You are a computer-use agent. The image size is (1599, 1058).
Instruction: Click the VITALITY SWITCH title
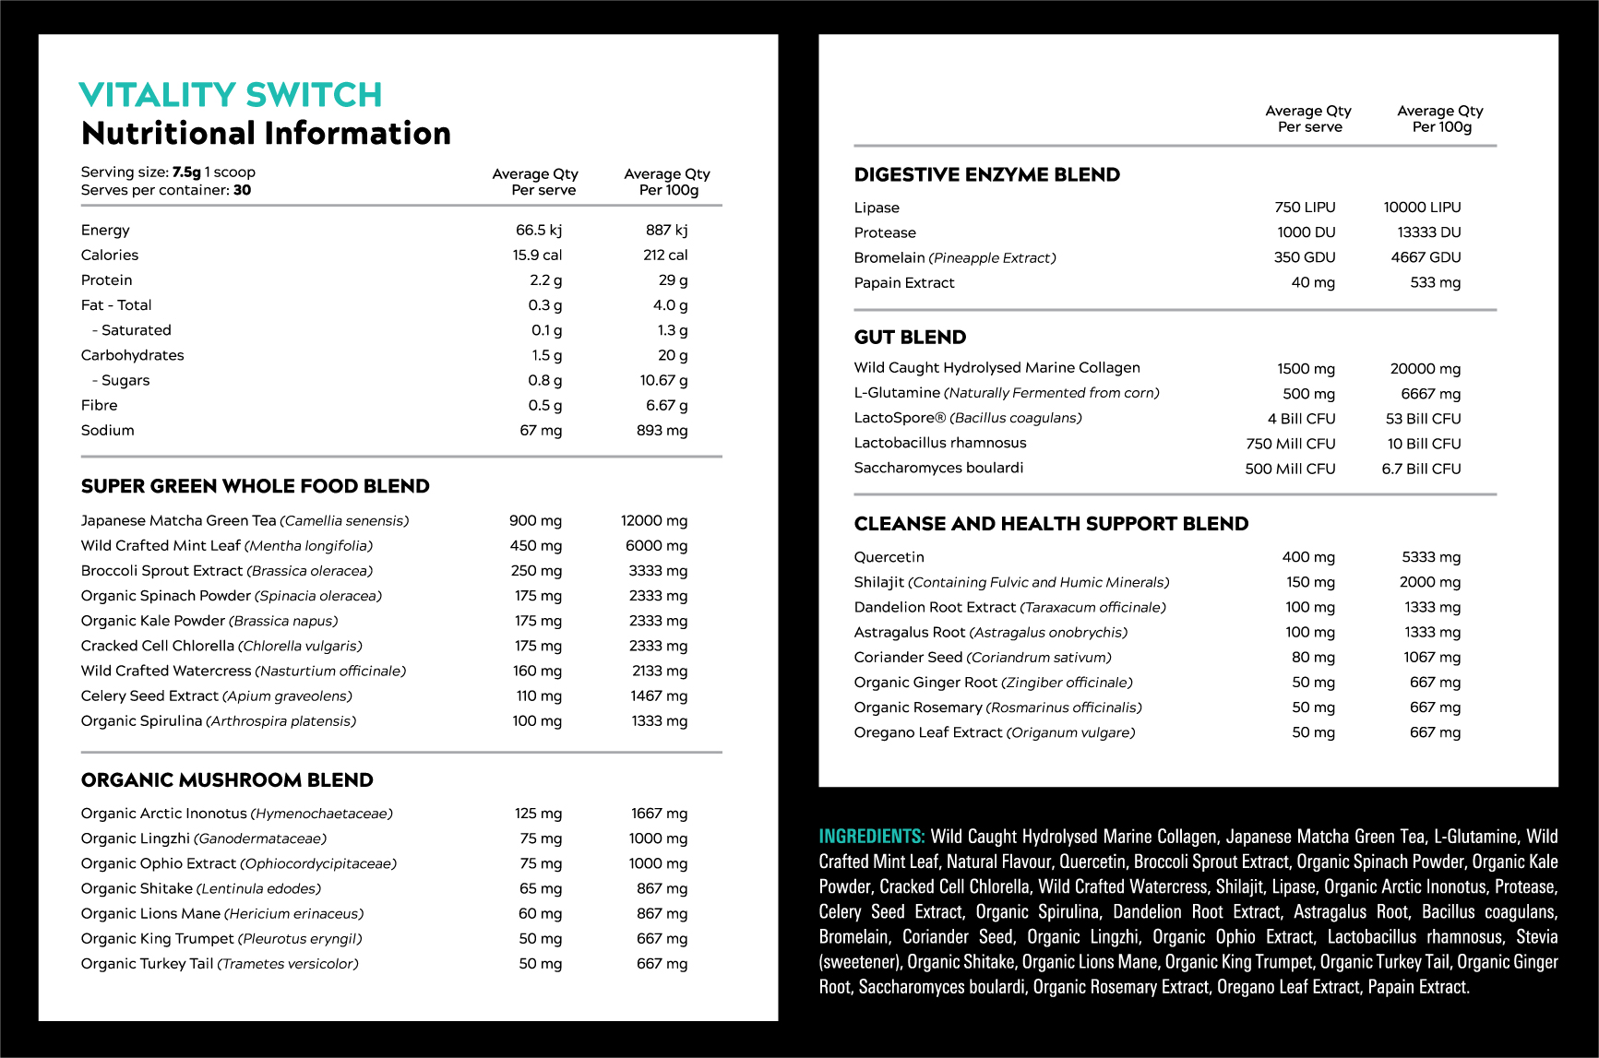[231, 95]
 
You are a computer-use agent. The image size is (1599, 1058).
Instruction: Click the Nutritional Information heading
[266, 134]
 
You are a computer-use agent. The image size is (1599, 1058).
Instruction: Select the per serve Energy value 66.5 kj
[538, 230]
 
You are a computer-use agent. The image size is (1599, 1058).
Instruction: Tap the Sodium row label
[107, 430]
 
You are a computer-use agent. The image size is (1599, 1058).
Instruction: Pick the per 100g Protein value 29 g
[673, 279]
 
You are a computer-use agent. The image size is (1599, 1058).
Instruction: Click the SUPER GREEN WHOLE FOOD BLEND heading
[255, 486]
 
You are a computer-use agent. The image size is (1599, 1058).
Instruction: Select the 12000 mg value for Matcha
[653, 520]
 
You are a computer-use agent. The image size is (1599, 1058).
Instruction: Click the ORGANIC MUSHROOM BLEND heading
[227, 780]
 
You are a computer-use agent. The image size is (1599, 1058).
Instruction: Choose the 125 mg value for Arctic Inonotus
[538, 814]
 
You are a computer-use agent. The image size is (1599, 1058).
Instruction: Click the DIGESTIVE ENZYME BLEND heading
[986, 175]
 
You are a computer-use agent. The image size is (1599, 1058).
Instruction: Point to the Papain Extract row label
[904, 282]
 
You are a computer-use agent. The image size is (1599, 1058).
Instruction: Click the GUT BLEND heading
[910, 338]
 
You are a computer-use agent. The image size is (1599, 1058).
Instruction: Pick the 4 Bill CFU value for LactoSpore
[1301, 419]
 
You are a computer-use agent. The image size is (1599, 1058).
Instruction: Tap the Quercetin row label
[889, 557]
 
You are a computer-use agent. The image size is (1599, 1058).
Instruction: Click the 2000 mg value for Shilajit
[1429, 582]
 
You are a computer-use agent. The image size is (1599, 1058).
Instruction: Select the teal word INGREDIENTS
[871, 837]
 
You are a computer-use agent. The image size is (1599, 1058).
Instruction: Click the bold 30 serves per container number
[242, 190]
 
